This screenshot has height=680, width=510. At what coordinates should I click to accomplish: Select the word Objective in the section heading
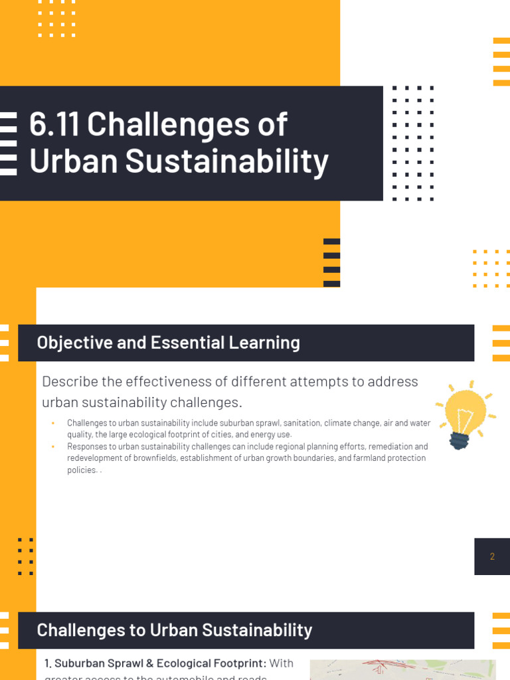coord(68,343)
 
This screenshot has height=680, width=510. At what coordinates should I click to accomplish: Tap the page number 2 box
coord(492,556)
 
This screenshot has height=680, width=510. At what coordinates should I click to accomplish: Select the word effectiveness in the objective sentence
coord(162,382)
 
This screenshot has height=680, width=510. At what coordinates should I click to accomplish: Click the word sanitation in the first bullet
coord(266,423)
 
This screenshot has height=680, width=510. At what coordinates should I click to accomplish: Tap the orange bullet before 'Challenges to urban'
coord(52,423)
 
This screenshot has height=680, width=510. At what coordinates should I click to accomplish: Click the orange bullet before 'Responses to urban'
coord(52,447)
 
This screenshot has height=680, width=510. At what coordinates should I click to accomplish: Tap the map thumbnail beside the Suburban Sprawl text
coord(402,669)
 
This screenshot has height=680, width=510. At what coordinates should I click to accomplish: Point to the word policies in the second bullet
coord(81,470)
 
